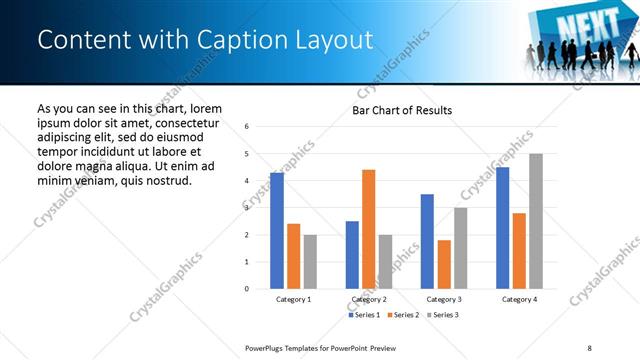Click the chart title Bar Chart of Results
(x=401, y=110)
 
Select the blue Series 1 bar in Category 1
(x=277, y=231)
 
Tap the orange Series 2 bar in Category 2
(x=368, y=229)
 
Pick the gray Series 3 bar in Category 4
(x=535, y=221)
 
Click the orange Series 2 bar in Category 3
(x=443, y=264)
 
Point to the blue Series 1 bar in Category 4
(x=502, y=228)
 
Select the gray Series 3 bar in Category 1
(x=310, y=262)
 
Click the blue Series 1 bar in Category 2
(x=352, y=255)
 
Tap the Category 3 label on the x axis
(x=443, y=299)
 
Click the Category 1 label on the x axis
(x=293, y=299)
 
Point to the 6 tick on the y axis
(x=261, y=127)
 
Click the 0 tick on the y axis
(x=261, y=289)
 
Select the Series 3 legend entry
(x=445, y=315)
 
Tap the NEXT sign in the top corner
(x=572, y=21)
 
